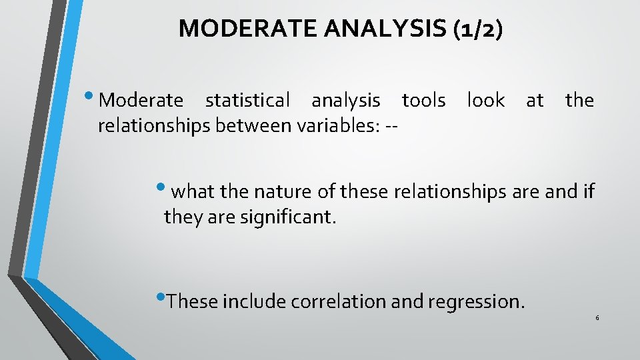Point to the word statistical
(247, 101)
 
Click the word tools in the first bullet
(423, 101)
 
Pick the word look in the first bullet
(485, 101)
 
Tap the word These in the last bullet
(193, 302)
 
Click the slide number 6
(597, 317)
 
